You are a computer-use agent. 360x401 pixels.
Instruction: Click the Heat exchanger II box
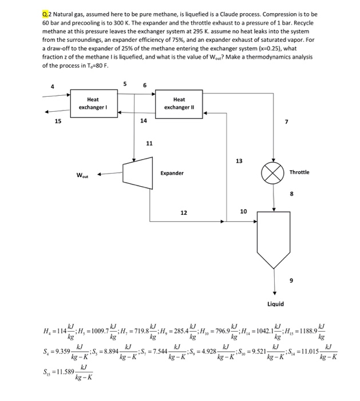coord(179,104)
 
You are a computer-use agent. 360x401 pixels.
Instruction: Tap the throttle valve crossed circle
coord(274,172)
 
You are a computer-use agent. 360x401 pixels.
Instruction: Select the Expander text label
coord(171,172)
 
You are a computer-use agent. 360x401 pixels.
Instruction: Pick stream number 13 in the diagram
coord(239,161)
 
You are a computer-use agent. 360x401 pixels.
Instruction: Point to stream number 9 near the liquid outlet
coord(290,280)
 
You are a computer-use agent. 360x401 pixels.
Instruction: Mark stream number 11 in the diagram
coord(149,143)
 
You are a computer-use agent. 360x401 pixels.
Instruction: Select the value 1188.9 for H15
coord(308,329)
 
